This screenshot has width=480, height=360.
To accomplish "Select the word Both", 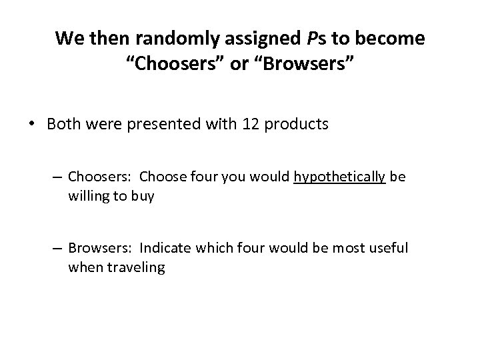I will pos(65,125).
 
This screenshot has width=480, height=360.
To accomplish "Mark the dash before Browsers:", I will pos(57,249).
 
